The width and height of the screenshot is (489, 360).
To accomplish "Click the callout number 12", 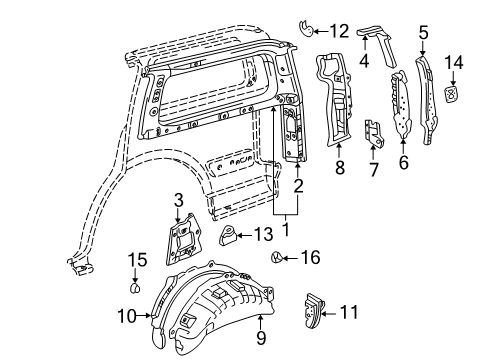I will [339, 30].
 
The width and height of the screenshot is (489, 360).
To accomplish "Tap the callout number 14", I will [454, 64].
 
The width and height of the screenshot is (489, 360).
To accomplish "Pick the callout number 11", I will [347, 312].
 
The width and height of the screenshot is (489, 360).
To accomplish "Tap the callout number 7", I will [373, 170].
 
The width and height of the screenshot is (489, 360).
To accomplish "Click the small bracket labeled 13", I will [228, 237].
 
